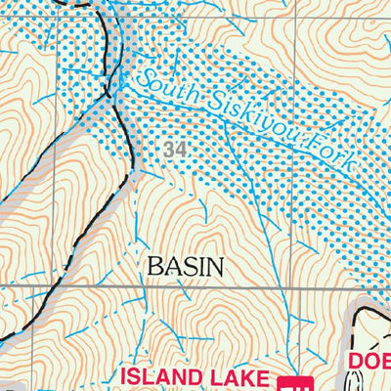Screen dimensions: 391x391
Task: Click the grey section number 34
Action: point(175,150)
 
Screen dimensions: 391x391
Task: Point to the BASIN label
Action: point(185,265)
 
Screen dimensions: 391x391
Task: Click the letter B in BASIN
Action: point(152,265)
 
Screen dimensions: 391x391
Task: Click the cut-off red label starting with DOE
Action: point(369,364)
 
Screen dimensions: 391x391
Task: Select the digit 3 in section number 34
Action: point(170,150)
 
